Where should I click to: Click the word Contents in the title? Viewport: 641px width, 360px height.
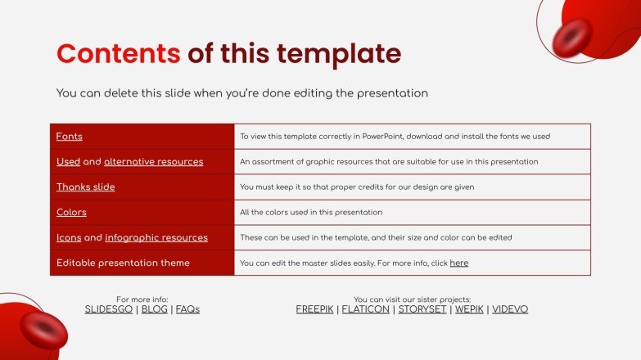(118, 53)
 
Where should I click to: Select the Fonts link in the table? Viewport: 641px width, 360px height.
(69, 137)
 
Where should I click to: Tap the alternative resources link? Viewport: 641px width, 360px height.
(153, 162)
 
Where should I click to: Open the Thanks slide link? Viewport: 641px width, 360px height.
(85, 187)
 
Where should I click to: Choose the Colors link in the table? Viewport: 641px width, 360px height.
(71, 213)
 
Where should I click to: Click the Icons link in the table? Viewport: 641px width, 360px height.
(68, 238)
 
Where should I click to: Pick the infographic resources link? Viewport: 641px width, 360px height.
(156, 238)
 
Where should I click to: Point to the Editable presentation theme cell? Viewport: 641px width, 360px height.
(123, 263)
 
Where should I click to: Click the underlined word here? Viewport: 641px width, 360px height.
(458, 263)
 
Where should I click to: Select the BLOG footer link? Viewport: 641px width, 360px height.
(154, 310)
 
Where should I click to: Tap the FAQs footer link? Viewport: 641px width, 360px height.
(187, 310)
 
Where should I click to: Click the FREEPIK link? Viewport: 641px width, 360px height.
(314, 310)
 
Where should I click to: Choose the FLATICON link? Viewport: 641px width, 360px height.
(365, 310)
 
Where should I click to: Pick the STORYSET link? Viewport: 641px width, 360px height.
(422, 310)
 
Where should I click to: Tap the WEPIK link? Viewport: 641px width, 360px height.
(468, 310)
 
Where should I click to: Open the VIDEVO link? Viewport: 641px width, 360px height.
(509, 310)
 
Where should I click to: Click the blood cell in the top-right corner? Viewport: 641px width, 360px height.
(572, 37)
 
